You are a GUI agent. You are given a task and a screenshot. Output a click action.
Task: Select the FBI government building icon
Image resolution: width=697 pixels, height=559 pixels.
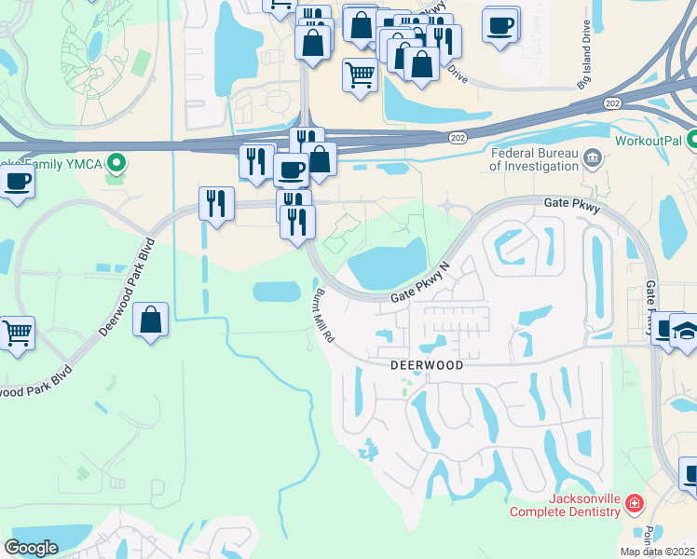592,157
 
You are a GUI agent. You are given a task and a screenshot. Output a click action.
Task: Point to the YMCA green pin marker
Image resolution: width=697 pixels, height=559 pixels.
116,165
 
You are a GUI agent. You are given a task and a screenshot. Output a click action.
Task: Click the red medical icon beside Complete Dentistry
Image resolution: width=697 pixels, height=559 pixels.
635,504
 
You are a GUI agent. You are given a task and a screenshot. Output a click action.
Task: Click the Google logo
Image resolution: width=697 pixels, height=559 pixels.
31,548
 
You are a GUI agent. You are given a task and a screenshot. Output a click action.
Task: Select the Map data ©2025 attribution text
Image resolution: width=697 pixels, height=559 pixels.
657,552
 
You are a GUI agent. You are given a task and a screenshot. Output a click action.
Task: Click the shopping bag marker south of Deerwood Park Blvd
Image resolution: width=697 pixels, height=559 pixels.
150,320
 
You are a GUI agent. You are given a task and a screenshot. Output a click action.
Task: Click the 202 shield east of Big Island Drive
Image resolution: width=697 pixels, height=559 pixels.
612,102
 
